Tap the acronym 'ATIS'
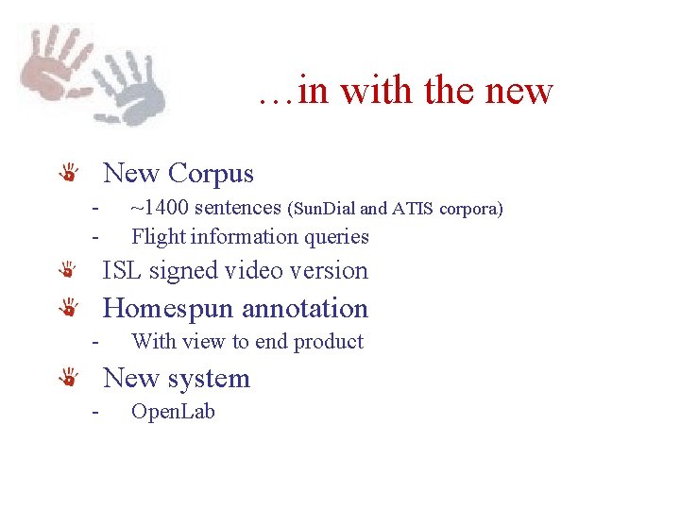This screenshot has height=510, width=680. [416, 209]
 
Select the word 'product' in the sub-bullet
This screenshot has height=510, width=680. [329, 341]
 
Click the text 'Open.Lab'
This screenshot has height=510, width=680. [173, 411]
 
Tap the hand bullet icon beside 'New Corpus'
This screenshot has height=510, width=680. [69, 174]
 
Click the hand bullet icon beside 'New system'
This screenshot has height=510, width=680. [69, 379]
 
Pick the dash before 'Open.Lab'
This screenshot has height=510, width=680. [94, 411]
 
